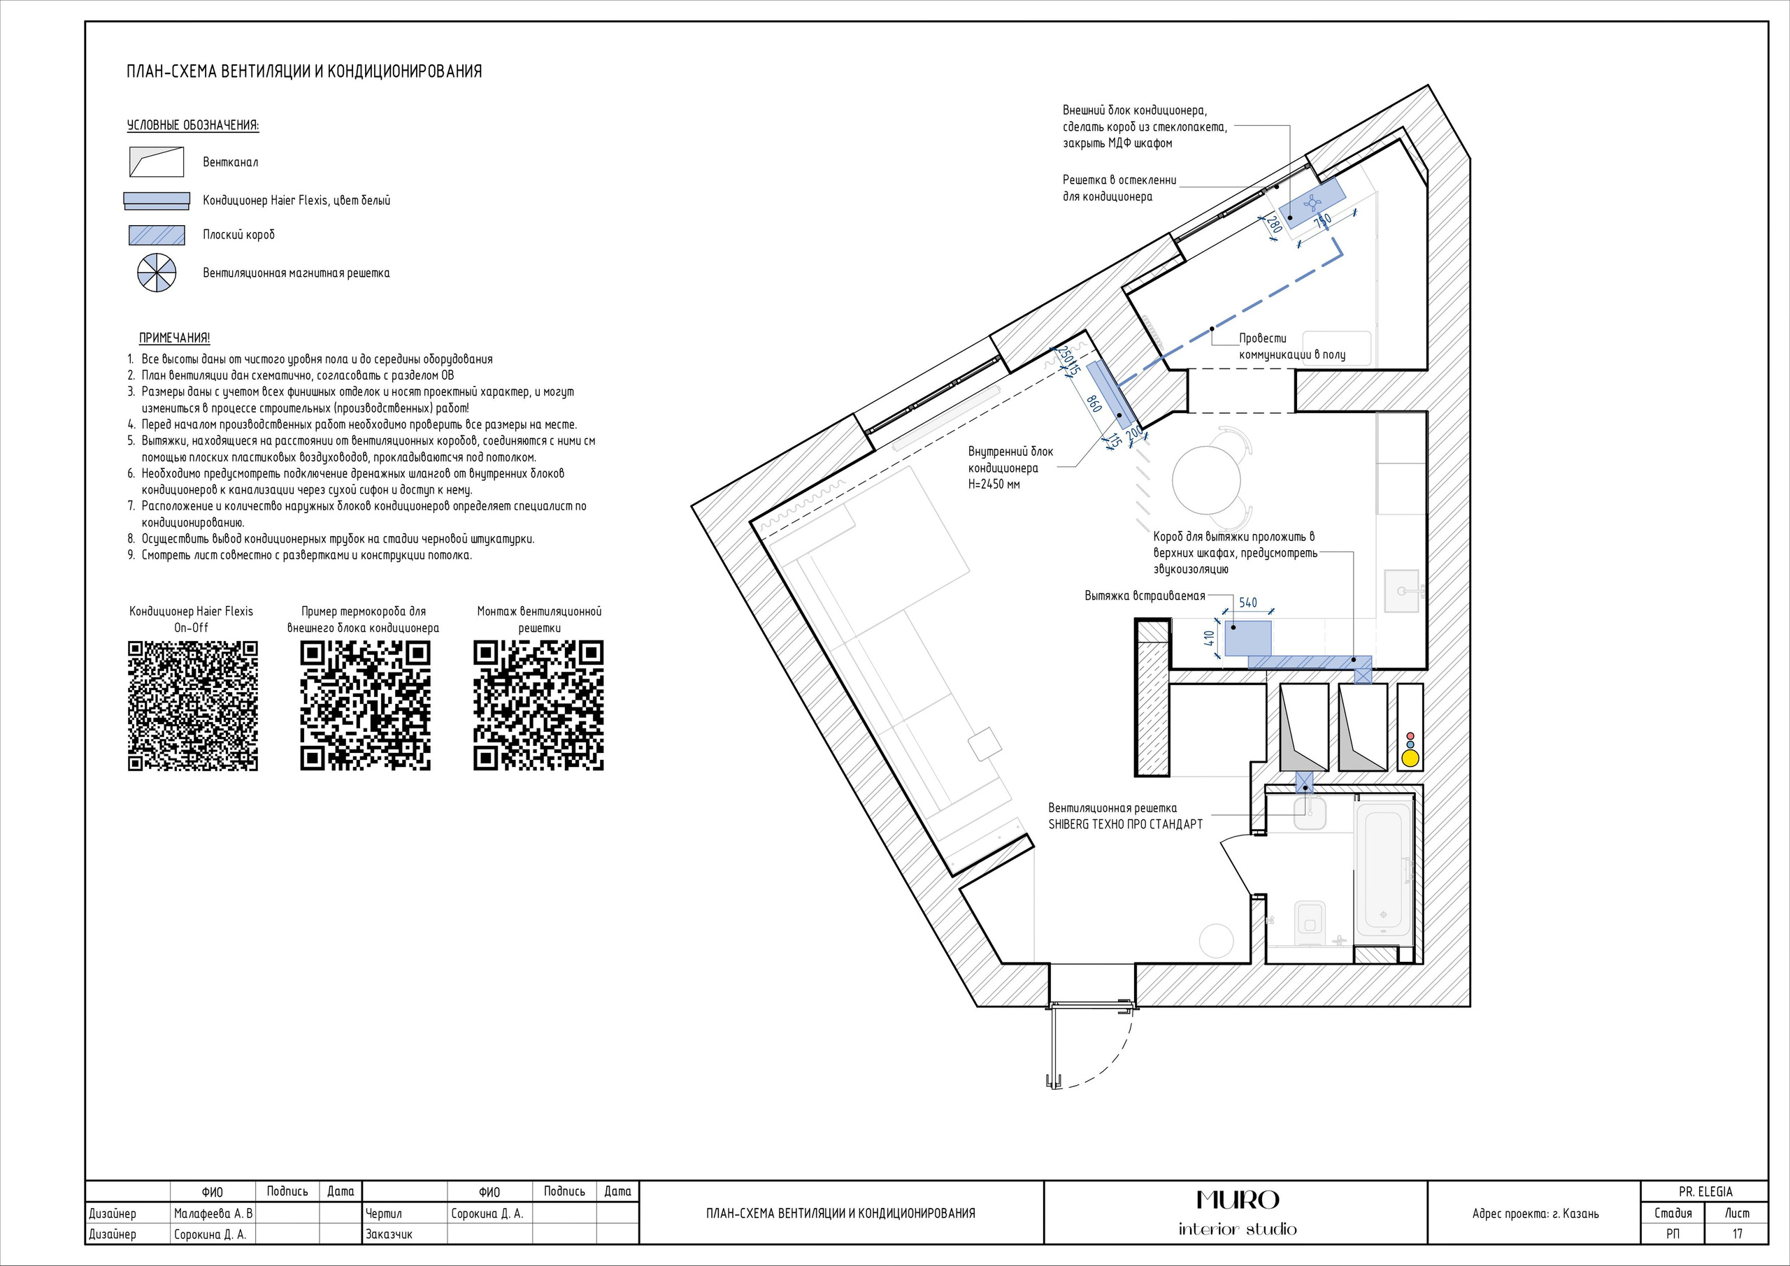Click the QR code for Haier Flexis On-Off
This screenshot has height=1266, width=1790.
(x=192, y=706)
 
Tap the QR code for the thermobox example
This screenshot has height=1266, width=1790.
(x=366, y=706)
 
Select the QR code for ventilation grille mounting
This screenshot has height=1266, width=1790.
(x=538, y=706)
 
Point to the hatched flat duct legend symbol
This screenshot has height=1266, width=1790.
(x=157, y=235)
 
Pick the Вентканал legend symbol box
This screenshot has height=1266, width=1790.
(x=156, y=161)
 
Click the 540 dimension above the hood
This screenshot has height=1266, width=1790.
(x=1248, y=603)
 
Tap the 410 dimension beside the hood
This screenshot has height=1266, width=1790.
(x=1210, y=638)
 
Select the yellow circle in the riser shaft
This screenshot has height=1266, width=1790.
(x=1409, y=756)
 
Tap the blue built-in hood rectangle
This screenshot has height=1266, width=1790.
(x=1247, y=638)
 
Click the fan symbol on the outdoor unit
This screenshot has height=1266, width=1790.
(x=1314, y=203)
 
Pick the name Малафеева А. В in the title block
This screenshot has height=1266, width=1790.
(x=213, y=1213)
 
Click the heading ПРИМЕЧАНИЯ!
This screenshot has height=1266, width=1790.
(x=175, y=338)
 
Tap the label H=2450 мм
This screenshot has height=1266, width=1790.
(x=994, y=484)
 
